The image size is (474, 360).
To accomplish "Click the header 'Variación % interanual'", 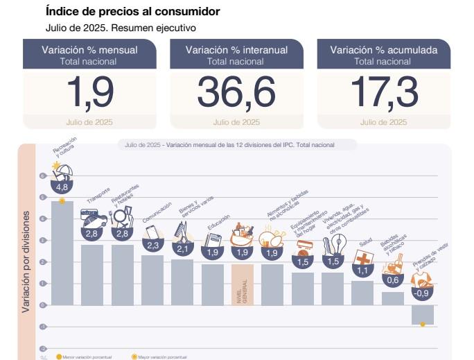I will tap(236, 50).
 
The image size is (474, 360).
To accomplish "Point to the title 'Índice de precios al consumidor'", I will tap(132, 12).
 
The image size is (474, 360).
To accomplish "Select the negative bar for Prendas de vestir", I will tap(422, 314).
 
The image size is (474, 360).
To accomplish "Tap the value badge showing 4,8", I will tap(62, 187).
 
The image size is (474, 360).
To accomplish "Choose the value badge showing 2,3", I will tap(153, 245).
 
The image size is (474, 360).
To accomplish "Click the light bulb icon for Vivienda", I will tap(339, 244).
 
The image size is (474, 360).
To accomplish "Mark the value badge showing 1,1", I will tap(362, 271).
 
